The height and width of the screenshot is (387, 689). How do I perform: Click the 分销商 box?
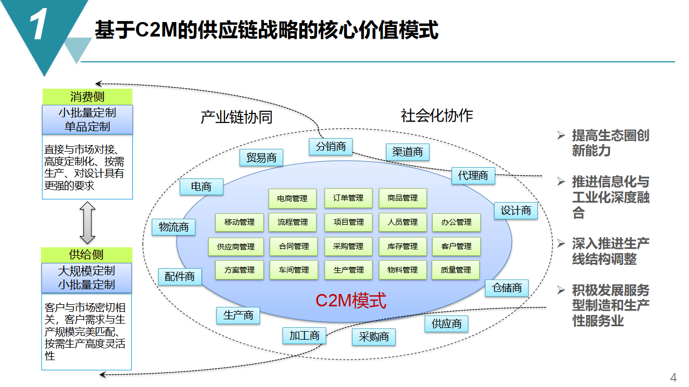point(331,147)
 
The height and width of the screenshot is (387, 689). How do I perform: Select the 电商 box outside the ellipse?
point(201,187)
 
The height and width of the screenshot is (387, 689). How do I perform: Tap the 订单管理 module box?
point(348,198)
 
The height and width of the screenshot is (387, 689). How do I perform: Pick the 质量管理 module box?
point(456,270)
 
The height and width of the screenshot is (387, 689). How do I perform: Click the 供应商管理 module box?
point(236,247)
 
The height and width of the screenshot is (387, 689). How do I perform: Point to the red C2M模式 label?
point(350,300)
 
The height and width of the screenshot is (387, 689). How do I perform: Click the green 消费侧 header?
point(87,97)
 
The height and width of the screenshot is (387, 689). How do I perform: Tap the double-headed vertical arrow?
point(87,223)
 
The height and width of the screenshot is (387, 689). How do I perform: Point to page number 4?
point(673,377)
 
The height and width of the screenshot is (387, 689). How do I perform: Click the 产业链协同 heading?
point(236,117)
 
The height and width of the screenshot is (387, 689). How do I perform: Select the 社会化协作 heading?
point(437,116)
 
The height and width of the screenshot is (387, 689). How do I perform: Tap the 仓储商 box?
point(507,288)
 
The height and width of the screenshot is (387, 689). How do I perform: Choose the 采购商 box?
point(374,337)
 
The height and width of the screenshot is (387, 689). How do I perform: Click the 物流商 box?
point(173,227)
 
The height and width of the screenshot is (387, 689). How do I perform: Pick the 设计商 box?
point(516,211)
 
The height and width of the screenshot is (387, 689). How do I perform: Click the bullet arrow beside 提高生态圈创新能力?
point(561,135)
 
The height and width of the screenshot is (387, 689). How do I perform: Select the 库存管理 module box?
point(402,247)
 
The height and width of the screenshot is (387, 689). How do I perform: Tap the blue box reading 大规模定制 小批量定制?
point(87,277)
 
